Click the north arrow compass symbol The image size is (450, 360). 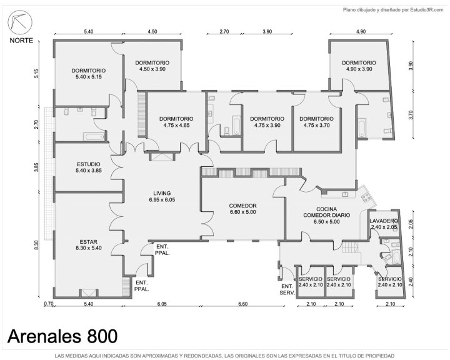[20, 22]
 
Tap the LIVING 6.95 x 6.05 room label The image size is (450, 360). [162, 197]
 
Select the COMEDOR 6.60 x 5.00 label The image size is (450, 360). [242, 209]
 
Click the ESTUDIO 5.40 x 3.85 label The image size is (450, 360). [88, 167]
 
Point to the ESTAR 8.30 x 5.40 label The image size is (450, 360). [88, 245]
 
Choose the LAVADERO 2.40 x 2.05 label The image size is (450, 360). [384, 224]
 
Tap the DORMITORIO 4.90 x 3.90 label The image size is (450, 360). [359, 66]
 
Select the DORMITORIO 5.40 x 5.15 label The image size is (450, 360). [88, 74]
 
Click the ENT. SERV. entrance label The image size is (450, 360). [287, 289]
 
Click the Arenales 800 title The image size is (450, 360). [62, 336]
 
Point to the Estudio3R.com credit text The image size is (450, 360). [426, 10]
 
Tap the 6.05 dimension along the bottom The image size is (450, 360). [162, 304]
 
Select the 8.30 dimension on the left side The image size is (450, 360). [36, 246]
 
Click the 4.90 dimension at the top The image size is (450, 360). [361, 32]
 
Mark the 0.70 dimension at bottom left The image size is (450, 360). [49, 304]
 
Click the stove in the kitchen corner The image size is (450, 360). [366, 197]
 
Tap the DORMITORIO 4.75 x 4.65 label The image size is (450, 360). [176, 122]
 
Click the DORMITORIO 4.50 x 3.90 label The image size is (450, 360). [152, 66]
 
